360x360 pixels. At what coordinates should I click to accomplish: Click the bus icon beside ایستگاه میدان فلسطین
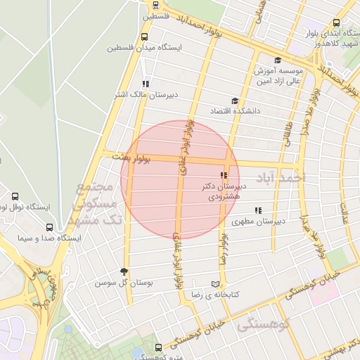coord(145,37)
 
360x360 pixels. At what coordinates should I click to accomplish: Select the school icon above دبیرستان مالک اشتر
coord(146,84)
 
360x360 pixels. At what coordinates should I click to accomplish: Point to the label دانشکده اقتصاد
coord(235,111)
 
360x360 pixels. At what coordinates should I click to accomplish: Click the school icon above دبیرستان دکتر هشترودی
coord(224,175)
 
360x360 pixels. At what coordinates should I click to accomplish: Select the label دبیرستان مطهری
coord(258,221)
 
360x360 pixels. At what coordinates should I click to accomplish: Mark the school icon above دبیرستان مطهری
coord(258,210)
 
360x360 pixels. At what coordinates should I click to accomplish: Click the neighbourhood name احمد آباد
coord(281,176)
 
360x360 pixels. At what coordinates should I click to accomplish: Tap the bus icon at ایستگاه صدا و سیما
coord(49,228)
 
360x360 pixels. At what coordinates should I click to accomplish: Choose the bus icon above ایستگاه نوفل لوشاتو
coord(15,196)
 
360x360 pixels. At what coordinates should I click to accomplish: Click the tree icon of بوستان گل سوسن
coord(125,272)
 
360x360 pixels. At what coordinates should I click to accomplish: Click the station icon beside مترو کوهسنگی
coord(158,347)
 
